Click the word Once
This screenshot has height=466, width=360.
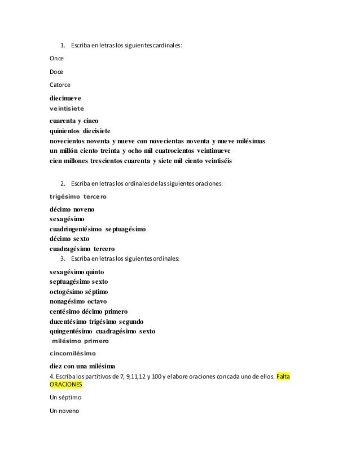point(56,58)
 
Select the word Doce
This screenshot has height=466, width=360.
point(56,72)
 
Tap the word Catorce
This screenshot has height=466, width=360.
point(60,85)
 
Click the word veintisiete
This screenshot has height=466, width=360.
point(70,108)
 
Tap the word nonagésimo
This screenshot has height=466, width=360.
point(68,302)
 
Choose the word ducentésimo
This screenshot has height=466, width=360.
point(69,321)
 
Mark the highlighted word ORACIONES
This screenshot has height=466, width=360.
point(66,384)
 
